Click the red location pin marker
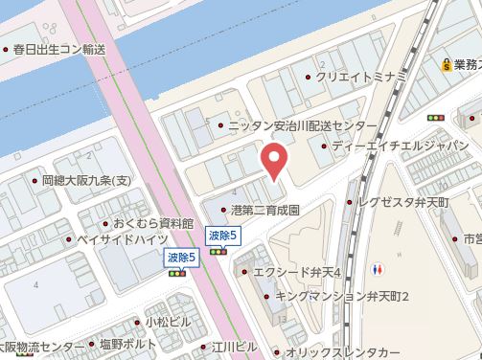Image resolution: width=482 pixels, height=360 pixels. point(275,161)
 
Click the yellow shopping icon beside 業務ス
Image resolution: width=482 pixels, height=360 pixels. point(447,65)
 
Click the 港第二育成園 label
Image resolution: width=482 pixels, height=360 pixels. point(265,208)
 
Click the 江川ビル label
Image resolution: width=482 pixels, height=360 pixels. point(235,346)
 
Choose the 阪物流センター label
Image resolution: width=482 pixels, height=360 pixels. point(42,346)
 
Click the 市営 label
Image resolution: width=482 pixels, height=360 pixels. point(471,237)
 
